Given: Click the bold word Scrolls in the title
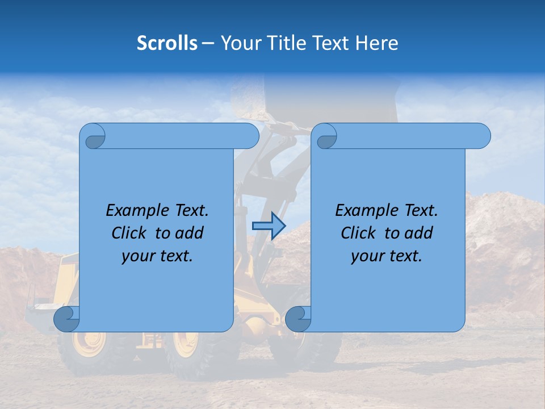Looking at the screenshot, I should coord(167,43).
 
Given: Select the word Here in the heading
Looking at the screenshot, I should coord(376,43).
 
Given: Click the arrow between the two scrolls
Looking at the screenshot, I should coord(269,226).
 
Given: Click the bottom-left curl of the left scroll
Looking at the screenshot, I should coord(66,319).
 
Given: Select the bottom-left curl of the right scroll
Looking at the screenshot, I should coord(297,319).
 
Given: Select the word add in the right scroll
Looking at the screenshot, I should coord(419,233).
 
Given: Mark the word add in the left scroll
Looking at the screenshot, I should coord(190,233).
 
